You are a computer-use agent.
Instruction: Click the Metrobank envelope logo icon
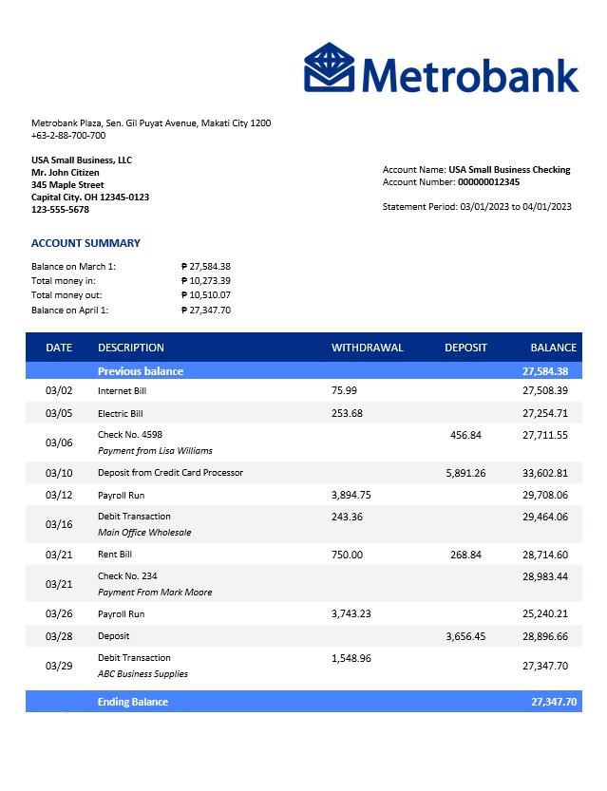point(329,67)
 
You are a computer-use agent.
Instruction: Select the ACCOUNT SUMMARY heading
point(85,243)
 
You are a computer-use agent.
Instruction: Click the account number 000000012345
point(488,181)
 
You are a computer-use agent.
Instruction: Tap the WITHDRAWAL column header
point(367,348)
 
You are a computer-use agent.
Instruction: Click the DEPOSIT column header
point(465,348)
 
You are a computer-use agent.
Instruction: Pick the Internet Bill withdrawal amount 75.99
point(344,390)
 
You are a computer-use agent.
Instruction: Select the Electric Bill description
point(120,414)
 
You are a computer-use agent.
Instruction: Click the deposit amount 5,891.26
point(465,473)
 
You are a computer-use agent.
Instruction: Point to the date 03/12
point(59,496)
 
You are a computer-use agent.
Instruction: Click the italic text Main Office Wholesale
point(144,533)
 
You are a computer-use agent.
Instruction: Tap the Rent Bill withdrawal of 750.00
point(347,555)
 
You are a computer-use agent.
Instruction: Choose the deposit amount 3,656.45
point(465,636)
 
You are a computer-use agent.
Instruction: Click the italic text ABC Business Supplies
point(142,674)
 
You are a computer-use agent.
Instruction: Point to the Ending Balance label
point(132,702)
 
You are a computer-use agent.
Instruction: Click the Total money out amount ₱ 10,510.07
point(206,295)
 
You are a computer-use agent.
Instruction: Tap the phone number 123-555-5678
point(66,210)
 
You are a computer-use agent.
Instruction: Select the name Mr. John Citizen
point(66,173)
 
